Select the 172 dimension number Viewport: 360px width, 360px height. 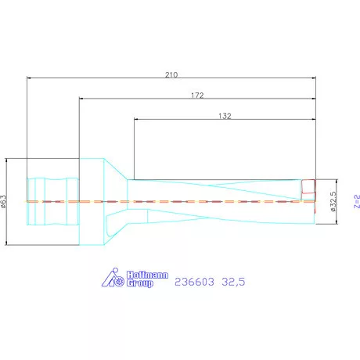196,95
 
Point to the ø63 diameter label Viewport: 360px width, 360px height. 6,202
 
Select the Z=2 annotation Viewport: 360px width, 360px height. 355,202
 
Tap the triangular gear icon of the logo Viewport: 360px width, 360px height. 113,279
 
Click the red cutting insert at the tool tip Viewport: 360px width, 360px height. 308,189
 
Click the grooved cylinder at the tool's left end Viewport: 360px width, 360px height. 53,201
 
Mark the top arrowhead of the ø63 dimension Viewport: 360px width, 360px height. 10,159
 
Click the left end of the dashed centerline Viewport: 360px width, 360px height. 28,202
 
